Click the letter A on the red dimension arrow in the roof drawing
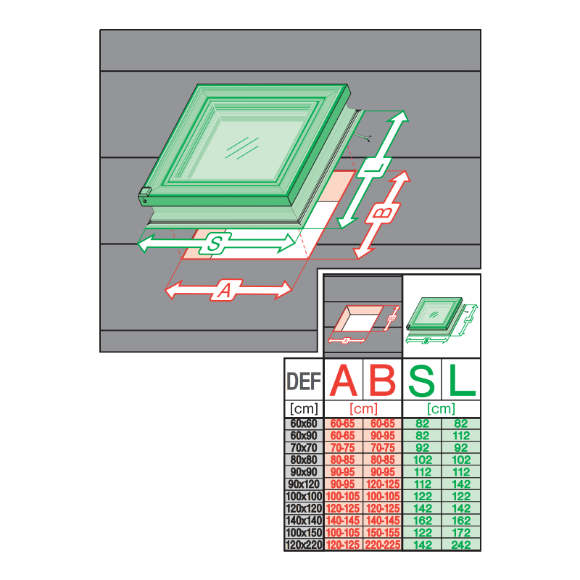(x=225, y=291)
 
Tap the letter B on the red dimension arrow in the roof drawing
(x=381, y=215)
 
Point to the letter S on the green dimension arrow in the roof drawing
(x=215, y=244)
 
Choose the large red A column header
(x=344, y=381)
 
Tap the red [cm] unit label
(x=363, y=409)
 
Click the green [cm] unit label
(x=442, y=409)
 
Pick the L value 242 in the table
(x=461, y=544)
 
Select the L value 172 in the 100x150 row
(x=461, y=533)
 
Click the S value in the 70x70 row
(x=423, y=447)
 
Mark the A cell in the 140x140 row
(x=344, y=521)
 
